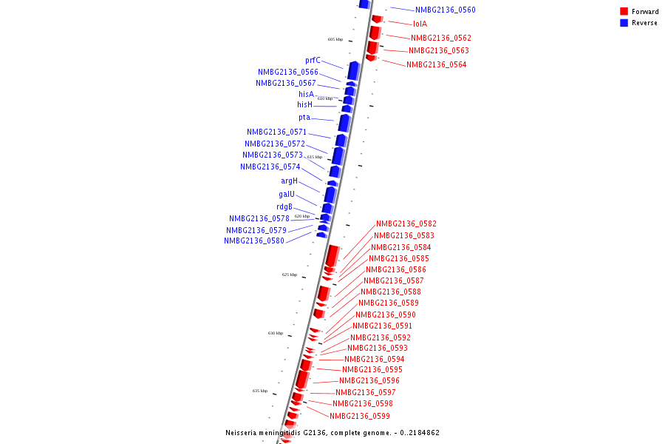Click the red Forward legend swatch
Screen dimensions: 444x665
click(624, 12)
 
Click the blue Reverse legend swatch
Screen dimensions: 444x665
click(624, 23)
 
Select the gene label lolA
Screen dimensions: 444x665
click(420, 24)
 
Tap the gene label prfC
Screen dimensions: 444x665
click(313, 61)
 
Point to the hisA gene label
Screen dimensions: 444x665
click(306, 94)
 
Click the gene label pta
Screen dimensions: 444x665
click(304, 118)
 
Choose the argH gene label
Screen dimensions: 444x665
click(289, 181)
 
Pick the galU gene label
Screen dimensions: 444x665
click(287, 195)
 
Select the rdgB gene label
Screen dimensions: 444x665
click(284, 207)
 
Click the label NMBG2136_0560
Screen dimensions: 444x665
click(445, 10)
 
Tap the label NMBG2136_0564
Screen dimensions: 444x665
click(436, 65)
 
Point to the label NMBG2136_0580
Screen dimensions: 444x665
click(254, 241)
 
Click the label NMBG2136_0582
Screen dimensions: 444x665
click(406, 224)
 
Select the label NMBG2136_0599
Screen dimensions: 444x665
click(360, 417)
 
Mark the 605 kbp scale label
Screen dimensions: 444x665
click(335, 40)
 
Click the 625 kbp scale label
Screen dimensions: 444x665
click(289, 275)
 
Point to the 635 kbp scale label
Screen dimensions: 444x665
click(259, 391)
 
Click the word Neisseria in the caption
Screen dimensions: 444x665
click(243, 433)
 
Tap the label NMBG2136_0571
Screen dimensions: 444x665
click(276, 132)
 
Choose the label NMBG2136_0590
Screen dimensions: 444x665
click(385, 315)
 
